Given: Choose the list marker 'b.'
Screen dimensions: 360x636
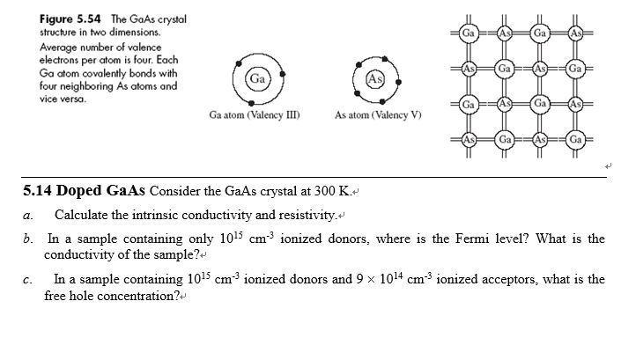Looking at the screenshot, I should tap(29, 239).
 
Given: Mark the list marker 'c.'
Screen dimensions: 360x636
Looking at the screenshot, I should tap(28, 280).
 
